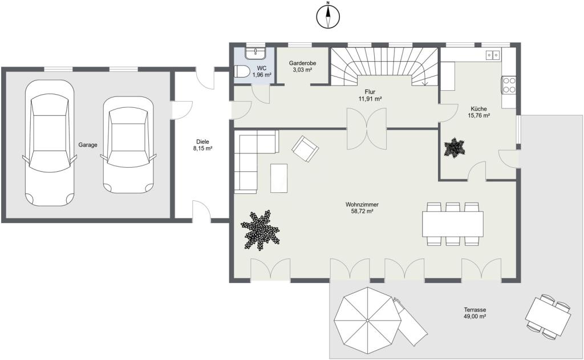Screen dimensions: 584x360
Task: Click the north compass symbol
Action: point(328,16)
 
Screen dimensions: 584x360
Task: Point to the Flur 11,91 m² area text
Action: point(370,95)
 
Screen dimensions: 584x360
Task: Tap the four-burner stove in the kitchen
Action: point(508,85)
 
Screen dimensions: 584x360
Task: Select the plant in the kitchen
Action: point(455,148)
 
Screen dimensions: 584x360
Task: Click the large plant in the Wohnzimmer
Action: point(260,229)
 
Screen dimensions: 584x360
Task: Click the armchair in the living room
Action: point(305,149)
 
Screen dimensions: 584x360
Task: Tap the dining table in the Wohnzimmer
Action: point(452,224)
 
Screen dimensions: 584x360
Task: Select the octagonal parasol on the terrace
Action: point(367,320)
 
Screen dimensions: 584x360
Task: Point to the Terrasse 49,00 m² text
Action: point(475,313)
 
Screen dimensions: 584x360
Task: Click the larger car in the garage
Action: point(49,143)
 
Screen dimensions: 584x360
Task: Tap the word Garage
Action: point(88,145)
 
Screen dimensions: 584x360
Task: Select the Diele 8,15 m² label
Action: point(202,145)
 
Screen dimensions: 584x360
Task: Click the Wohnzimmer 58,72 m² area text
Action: point(362,208)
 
